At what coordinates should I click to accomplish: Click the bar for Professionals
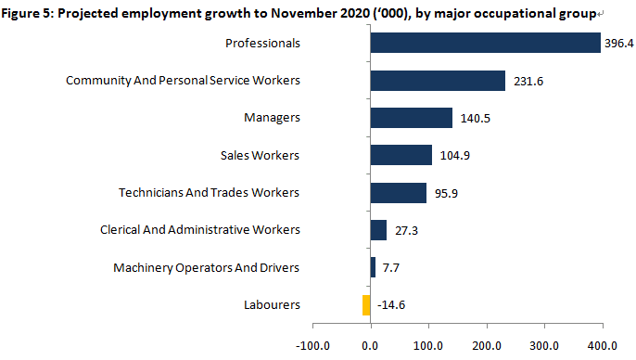click(486, 43)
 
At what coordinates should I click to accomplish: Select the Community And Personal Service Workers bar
click(438, 81)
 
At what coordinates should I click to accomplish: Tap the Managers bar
click(412, 118)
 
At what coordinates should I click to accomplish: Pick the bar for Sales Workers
click(401, 155)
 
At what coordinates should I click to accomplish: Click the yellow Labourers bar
click(366, 305)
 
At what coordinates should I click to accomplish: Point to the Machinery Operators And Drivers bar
click(373, 267)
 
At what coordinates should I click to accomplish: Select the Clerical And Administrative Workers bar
click(378, 230)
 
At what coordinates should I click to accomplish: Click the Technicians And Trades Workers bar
click(399, 193)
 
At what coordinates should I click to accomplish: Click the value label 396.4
click(619, 43)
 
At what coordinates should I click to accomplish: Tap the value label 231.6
click(528, 81)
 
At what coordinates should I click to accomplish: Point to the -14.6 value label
click(391, 305)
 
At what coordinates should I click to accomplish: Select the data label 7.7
click(391, 268)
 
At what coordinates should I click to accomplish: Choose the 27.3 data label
click(406, 230)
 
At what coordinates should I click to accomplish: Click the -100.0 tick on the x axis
click(312, 346)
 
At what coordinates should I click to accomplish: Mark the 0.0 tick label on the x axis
click(370, 346)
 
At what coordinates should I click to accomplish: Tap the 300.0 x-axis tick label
click(544, 346)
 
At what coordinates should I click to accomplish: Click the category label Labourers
click(272, 305)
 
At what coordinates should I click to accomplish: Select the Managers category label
click(272, 118)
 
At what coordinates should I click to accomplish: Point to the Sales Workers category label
click(260, 155)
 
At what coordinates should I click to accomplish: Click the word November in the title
click(302, 13)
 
